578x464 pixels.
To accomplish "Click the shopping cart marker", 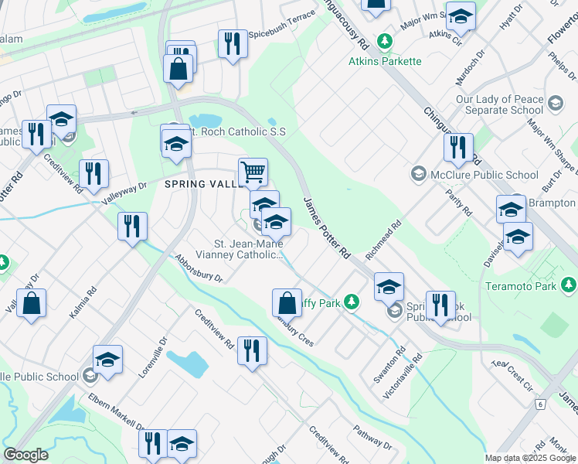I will click(253, 171).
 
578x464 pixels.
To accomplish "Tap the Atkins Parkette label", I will click(385, 61).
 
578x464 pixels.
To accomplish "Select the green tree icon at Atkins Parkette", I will click(383, 40).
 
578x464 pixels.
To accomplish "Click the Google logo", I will click(25, 455).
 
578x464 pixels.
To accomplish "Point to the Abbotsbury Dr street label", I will click(199, 268).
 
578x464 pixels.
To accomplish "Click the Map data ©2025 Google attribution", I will click(530, 458).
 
